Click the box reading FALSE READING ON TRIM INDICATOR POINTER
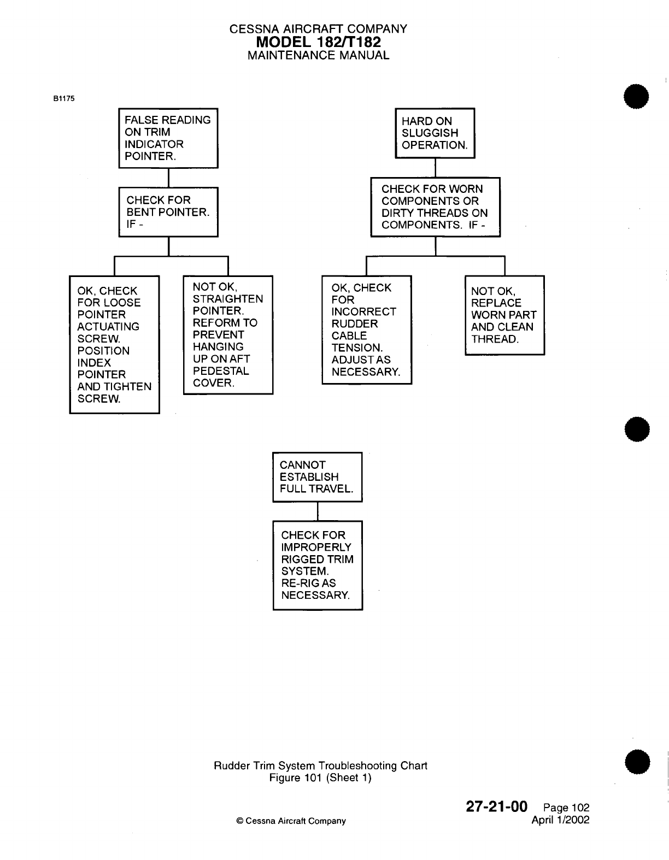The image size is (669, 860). tap(168, 138)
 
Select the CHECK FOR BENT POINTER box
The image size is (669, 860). tap(168, 212)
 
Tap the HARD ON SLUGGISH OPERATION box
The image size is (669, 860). tap(435, 133)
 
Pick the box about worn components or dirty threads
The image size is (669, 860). tap(435, 207)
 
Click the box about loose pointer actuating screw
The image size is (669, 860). tap(114, 345)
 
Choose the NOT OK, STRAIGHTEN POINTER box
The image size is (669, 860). tap(228, 335)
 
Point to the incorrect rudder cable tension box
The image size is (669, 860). tap(366, 330)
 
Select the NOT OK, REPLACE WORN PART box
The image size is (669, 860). tap(504, 315)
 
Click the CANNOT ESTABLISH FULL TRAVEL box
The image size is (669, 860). tap(317, 477)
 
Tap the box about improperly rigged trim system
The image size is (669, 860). tap(318, 566)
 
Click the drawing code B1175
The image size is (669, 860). tap(63, 99)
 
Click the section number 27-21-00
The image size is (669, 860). tap(496, 806)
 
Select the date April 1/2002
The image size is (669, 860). tap(560, 820)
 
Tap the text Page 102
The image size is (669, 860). tap(567, 808)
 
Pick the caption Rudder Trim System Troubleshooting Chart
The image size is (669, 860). tap(320, 765)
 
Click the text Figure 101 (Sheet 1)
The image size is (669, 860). tap(320, 777)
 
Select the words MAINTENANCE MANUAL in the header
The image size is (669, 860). tap(318, 55)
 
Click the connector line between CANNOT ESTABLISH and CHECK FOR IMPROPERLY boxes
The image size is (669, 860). tap(318, 511)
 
